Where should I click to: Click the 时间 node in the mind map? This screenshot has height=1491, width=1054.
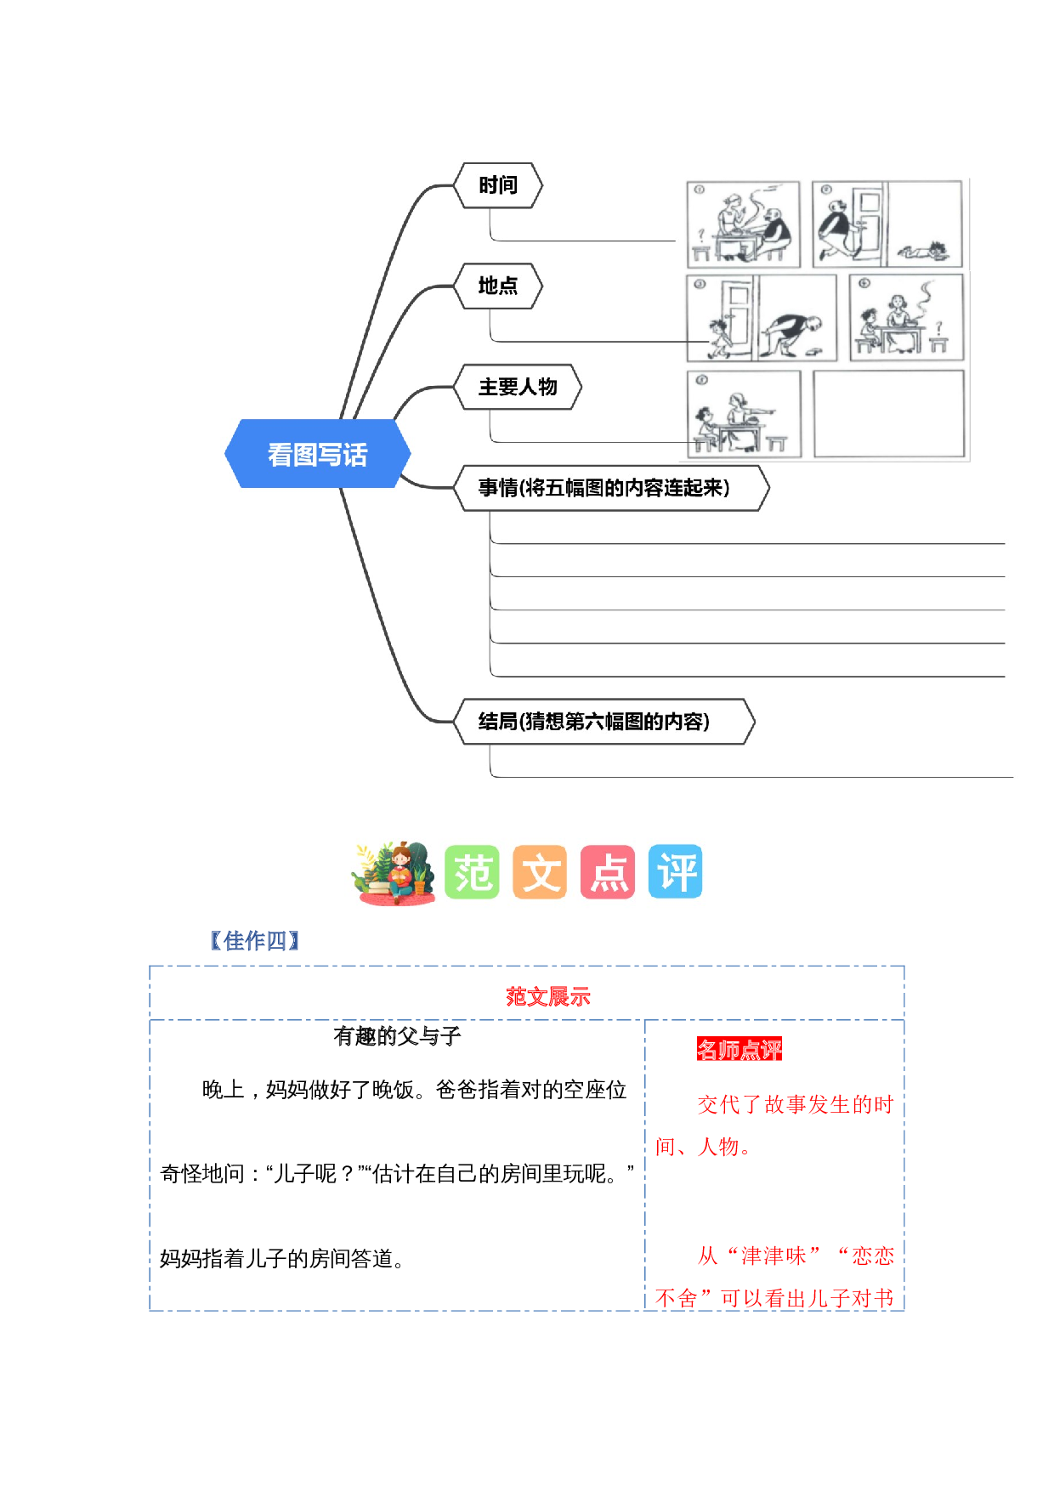[498, 185]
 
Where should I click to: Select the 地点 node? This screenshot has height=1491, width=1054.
[498, 286]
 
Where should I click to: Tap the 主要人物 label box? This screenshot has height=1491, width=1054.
[518, 387]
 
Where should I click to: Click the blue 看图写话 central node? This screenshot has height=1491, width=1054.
[317, 454]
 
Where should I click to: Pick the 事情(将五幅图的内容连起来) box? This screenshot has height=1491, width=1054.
[603, 488]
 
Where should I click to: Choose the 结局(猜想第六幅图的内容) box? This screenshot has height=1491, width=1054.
[593, 722]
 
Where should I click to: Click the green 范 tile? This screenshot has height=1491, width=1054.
[472, 871]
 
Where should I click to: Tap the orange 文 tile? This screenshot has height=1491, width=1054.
[540, 871]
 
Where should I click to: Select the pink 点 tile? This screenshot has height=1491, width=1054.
[608, 871]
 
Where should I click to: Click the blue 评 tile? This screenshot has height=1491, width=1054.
[676, 871]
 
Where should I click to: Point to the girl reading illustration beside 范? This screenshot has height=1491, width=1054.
[395, 872]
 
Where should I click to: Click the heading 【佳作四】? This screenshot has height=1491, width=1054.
[254, 941]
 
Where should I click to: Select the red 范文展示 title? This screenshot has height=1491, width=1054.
[547, 996]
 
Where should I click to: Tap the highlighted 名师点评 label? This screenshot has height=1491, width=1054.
[739, 1050]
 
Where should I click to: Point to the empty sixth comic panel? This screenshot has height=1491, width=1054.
[889, 414]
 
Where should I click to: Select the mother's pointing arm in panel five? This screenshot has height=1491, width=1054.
[760, 411]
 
